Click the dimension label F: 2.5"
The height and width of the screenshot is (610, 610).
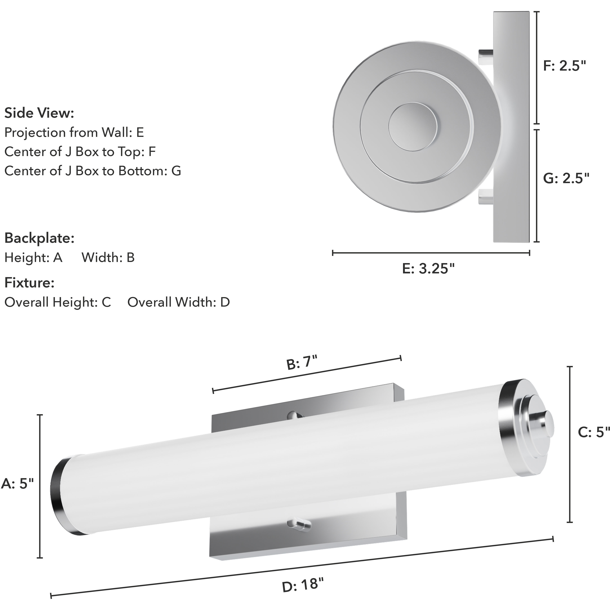click(x=564, y=66)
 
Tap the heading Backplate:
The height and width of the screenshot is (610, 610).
click(x=39, y=238)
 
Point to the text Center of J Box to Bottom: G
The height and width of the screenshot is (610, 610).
click(x=93, y=171)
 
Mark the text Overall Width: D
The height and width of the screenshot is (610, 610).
click(x=178, y=302)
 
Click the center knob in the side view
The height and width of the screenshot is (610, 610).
click(x=413, y=125)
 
